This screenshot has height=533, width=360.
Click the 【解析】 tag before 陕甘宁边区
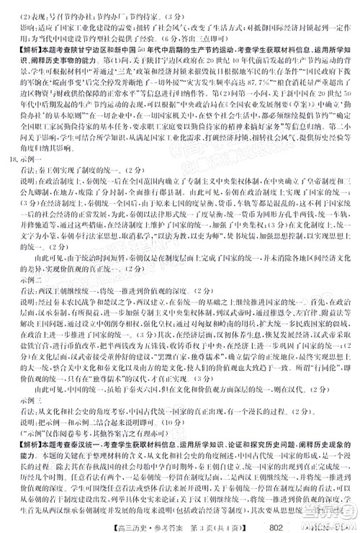21,45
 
